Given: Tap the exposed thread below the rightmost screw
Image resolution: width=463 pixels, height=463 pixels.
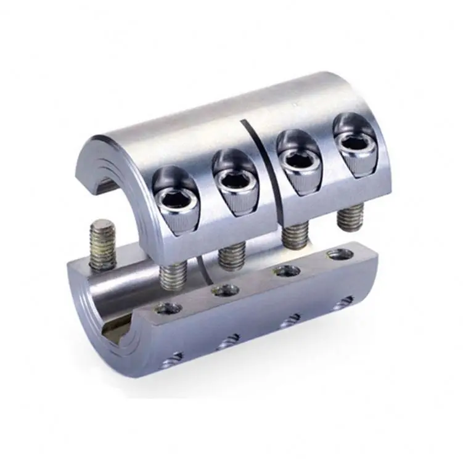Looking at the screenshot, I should pos(350,215).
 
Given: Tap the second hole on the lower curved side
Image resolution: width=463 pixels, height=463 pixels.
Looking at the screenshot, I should pos(230,339).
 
